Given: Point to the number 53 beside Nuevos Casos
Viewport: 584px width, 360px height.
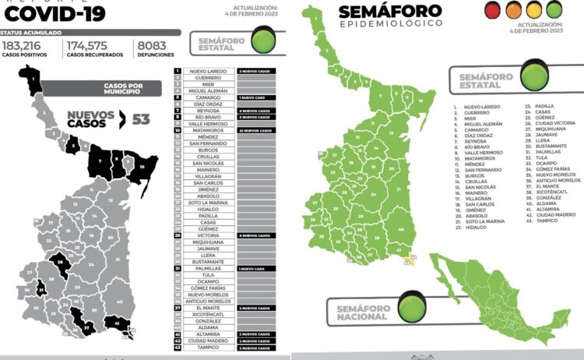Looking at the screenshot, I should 140,119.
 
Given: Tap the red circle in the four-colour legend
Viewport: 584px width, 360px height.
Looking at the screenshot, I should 491,10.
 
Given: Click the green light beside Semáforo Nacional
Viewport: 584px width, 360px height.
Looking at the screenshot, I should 412,306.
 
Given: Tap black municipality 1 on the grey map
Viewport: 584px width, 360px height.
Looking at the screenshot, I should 33,79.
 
